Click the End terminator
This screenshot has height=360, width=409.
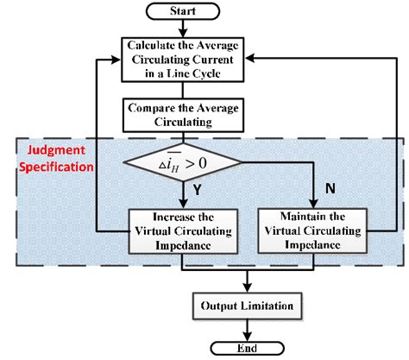pyautogui.click(x=249, y=347)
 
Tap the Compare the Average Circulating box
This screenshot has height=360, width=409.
pyautogui.click(x=183, y=115)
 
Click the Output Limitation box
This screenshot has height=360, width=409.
pyautogui.click(x=249, y=305)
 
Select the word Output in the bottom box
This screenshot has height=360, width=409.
pyautogui.click(x=222, y=305)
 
